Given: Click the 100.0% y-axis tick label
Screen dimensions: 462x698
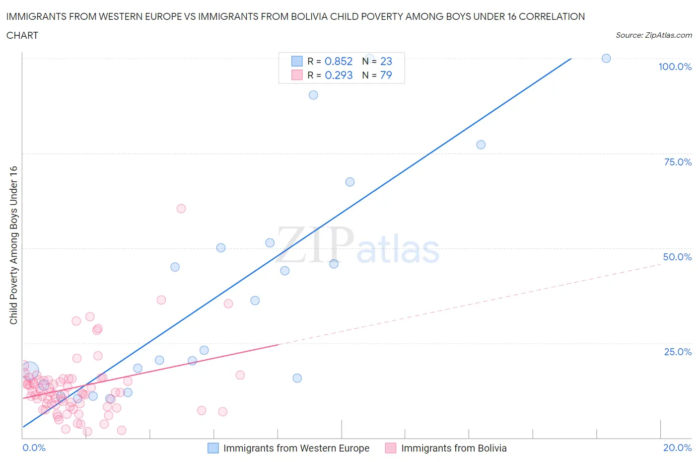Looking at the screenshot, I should [x=675, y=67].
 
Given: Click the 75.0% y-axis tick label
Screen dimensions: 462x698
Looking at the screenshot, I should [x=678, y=162].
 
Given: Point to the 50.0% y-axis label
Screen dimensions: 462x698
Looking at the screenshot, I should [x=677, y=257].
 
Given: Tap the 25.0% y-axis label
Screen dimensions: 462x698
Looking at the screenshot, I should [x=678, y=352].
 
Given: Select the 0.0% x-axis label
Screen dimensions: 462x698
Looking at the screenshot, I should [x=34, y=448].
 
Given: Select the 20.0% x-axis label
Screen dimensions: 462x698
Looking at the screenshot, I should [x=677, y=448].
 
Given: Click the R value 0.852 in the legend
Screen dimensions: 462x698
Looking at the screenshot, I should [x=338, y=61].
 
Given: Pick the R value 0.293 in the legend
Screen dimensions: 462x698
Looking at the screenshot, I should [x=338, y=75].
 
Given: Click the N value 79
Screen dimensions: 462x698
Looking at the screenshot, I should [x=386, y=75].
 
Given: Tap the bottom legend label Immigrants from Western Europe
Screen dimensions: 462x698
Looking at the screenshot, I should [x=296, y=448].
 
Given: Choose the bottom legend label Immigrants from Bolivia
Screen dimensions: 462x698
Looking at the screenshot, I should [x=453, y=448].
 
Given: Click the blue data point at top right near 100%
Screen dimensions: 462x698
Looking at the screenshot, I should [x=606, y=58].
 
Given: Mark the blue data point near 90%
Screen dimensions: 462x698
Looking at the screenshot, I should [x=313, y=95].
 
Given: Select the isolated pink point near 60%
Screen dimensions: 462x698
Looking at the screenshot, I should [x=181, y=209].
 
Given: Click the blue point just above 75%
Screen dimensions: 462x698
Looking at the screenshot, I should [x=481, y=145].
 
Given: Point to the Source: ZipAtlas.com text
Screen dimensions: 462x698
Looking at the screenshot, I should [x=653, y=35].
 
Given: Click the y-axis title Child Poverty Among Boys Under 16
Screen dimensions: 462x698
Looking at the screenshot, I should [x=13, y=245].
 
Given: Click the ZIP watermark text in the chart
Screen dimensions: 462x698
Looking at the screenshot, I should [x=315, y=245].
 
